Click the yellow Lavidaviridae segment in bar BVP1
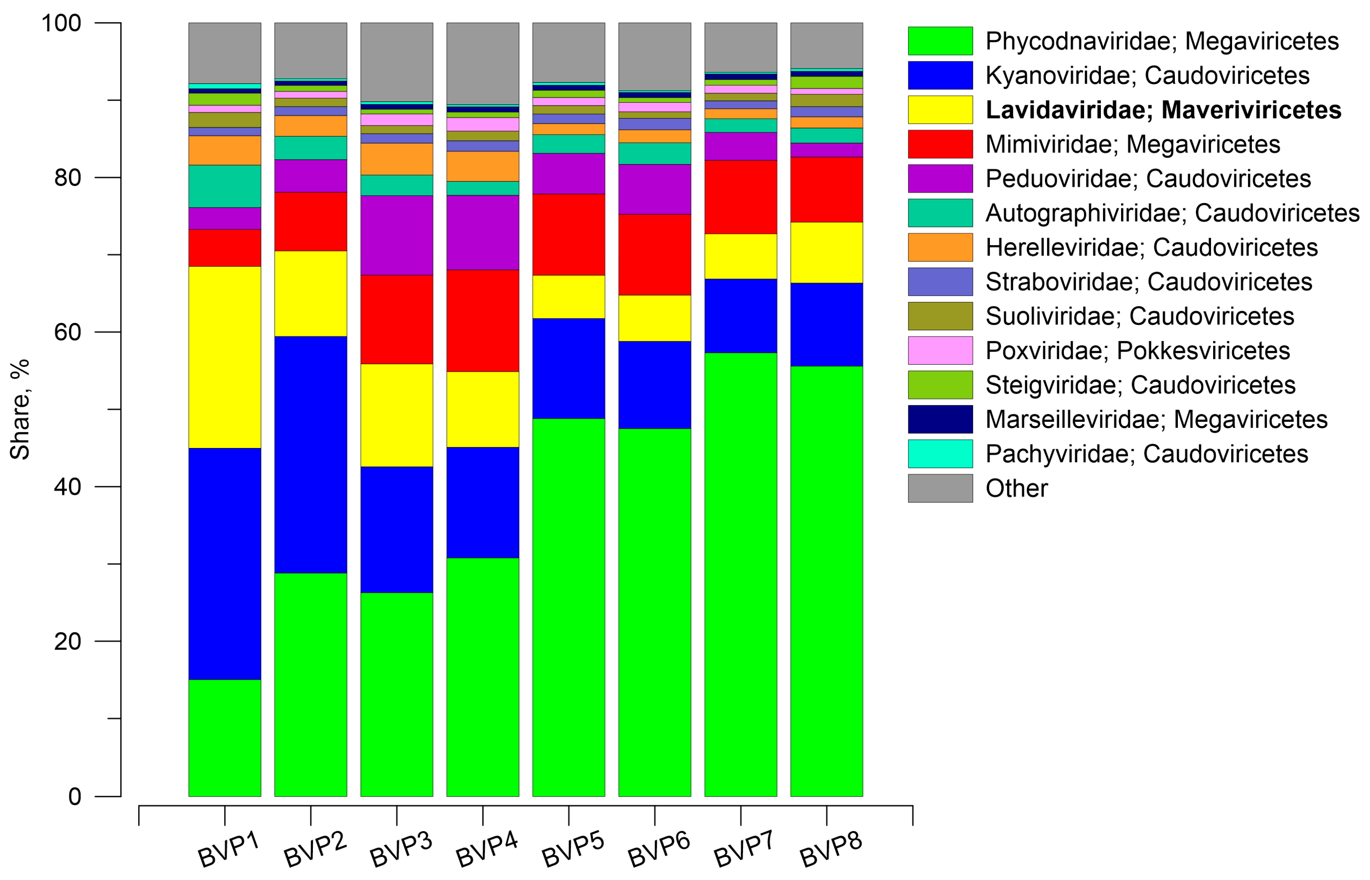click(225, 357)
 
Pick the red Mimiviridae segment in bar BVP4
click(483, 321)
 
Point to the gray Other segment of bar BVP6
click(654, 56)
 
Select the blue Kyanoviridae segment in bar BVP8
click(826, 324)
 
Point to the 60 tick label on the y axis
click(67, 332)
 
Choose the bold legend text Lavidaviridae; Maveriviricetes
click(1163, 110)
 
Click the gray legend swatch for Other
click(940, 488)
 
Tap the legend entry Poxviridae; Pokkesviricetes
click(1137, 350)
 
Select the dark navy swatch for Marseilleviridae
click(940, 419)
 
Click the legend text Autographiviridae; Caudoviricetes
click(1172, 212)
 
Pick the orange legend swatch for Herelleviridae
click(940, 247)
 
